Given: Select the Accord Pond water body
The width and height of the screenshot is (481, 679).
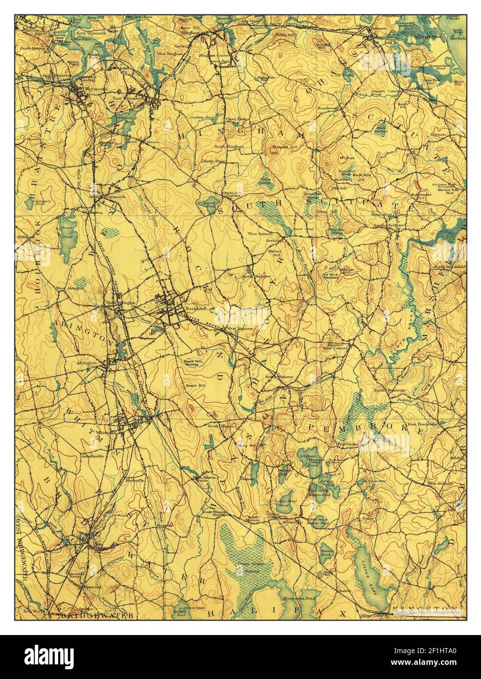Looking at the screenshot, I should [205, 204].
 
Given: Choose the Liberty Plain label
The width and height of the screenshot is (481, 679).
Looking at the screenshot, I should [213, 161].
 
